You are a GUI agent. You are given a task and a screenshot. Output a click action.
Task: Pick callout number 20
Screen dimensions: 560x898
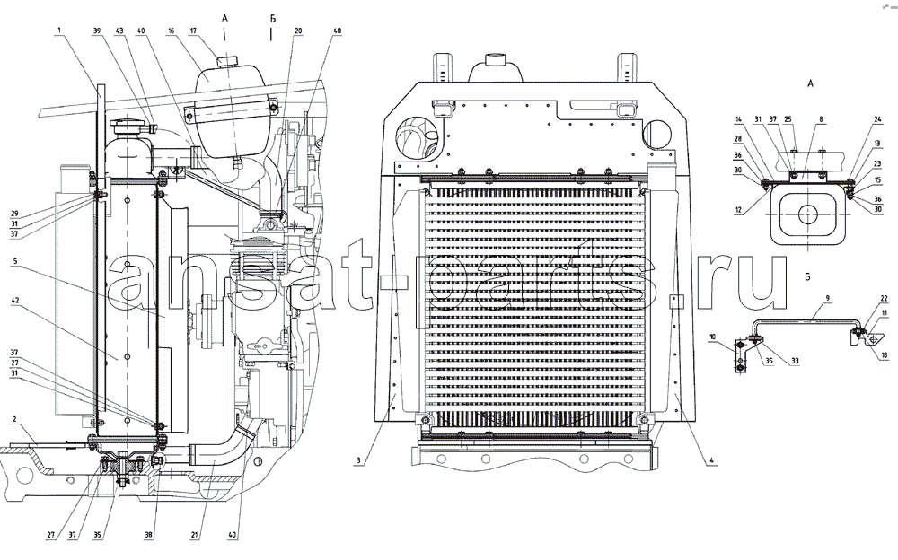coord(298,30)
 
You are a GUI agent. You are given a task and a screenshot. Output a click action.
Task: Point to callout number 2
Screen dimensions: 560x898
coord(15,420)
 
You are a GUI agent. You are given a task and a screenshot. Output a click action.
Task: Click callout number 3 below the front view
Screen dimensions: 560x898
coord(357,461)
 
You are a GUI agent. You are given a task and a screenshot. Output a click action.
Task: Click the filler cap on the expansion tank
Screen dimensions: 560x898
coord(224,61)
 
